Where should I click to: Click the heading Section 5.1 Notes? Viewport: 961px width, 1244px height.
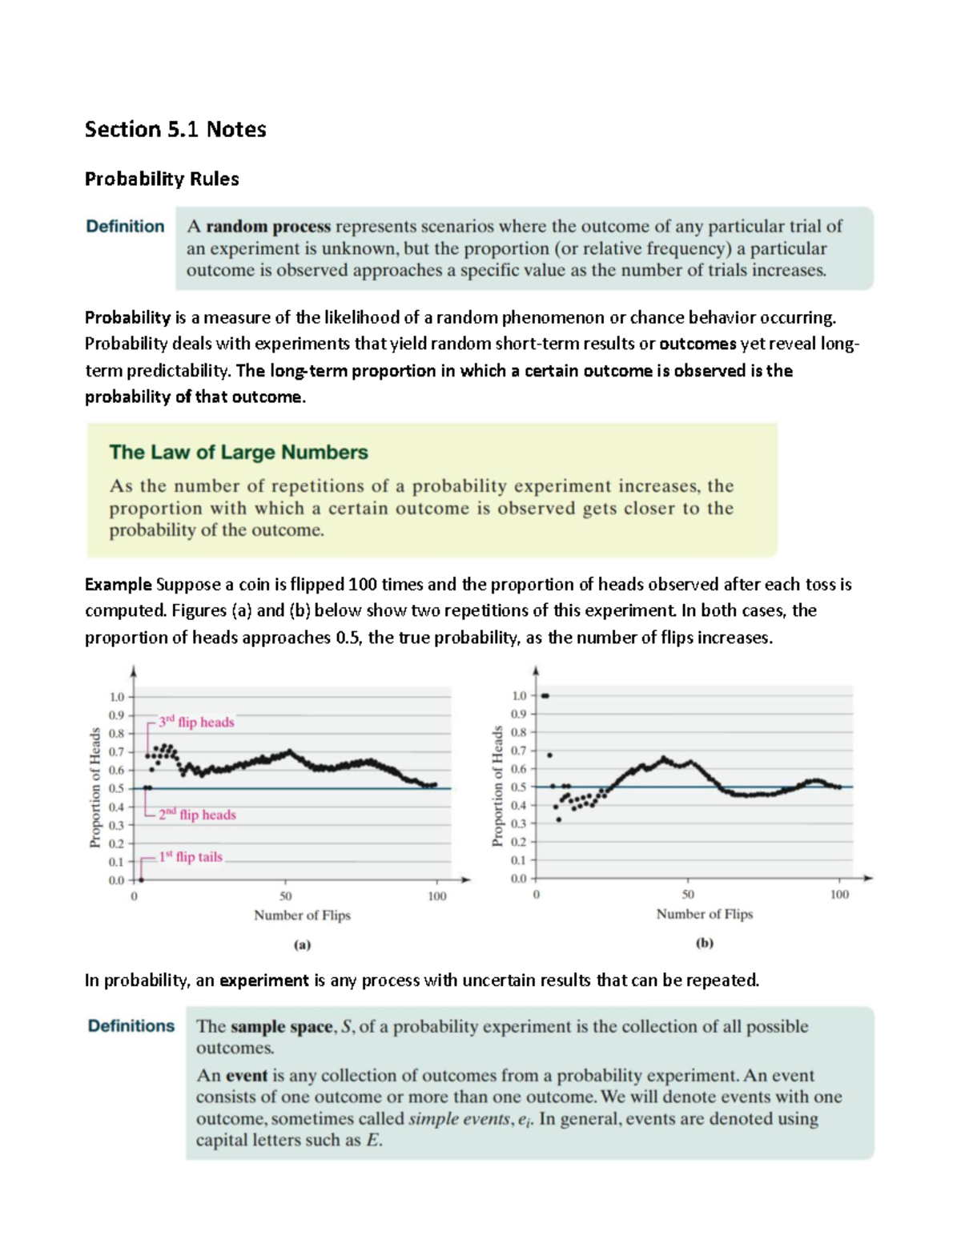(x=175, y=129)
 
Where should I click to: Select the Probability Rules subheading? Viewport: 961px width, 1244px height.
(x=162, y=179)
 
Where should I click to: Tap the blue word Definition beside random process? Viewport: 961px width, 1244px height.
(x=125, y=227)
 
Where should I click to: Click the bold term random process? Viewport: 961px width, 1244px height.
(x=268, y=227)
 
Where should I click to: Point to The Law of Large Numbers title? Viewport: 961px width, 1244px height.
(x=239, y=453)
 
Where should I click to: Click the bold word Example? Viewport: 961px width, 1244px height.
(x=118, y=585)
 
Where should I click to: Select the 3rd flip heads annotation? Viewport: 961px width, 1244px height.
(x=196, y=722)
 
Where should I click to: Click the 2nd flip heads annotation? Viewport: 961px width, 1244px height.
(x=197, y=815)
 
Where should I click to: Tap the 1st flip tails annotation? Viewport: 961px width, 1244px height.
(x=191, y=856)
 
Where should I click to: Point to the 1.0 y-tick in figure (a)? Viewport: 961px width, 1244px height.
(x=116, y=697)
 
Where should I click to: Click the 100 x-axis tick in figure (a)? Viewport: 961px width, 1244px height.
(x=436, y=896)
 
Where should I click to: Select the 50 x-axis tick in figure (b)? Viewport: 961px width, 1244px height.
(x=688, y=895)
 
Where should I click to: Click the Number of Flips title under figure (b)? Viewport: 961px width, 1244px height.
(x=705, y=914)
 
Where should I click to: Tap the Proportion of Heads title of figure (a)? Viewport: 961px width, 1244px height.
(x=95, y=787)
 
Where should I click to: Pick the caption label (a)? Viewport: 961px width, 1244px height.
(x=302, y=944)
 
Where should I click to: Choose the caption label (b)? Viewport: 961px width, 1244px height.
(x=705, y=943)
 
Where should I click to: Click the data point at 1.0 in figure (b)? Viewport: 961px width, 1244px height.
(x=545, y=695)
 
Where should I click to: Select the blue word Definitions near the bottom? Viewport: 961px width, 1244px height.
(x=131, y=1026)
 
